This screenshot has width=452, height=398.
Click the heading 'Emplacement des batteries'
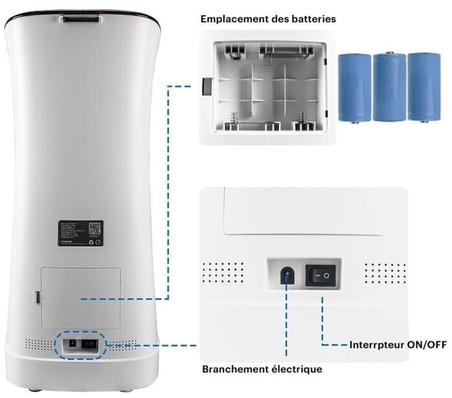point(268,19)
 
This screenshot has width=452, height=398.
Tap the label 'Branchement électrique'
point(262,370)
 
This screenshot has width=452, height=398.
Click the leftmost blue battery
point(353,87)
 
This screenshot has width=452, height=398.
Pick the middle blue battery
point(389,87)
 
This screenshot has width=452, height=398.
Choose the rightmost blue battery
point(424,87)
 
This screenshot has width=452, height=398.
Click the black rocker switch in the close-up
point(321,276)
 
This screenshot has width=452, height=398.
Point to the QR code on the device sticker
point(94,228)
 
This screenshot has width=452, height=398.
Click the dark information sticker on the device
point(80,233)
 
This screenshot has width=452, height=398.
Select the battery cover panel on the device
point(80,297)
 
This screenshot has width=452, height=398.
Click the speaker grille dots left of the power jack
point(223,273)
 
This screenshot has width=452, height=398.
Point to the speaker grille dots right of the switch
point(384,273)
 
